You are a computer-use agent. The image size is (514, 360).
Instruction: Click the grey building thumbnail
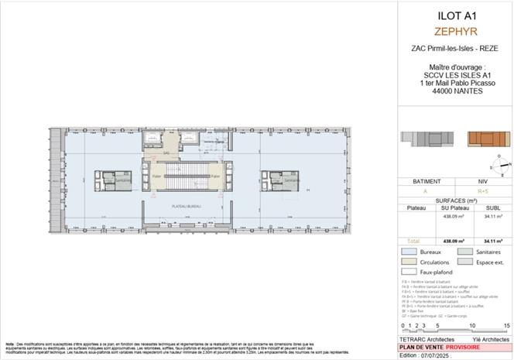tap(423, 139)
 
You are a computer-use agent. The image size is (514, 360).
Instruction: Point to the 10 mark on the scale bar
tap(471, 326)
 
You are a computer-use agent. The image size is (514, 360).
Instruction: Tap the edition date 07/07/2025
tap(431, 353)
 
